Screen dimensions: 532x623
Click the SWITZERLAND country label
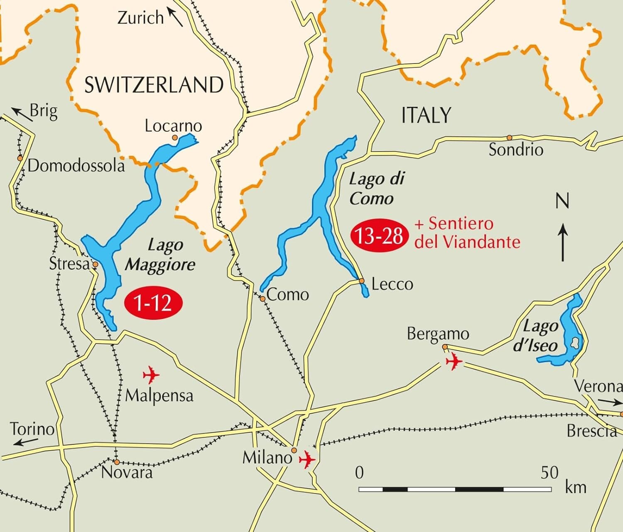[x=154, y=85]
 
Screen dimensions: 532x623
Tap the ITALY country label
[x=426, y=115]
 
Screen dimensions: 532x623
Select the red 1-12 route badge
[x=154, y=304]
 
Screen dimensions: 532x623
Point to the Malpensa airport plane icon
[x=151, y=375]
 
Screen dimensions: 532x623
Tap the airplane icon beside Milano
[x=307, y=459]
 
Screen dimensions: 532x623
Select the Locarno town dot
[x=175, y=137]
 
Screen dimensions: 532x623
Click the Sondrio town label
[x=515, y=150]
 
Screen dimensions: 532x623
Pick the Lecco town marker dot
[x=362, y=281]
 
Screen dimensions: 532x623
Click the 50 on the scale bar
[x=549, y=472]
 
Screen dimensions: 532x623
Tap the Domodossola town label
[x=76, y=166]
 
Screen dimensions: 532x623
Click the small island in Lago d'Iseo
[x=575, y=343]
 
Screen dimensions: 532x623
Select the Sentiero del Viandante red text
[x=467, y=233]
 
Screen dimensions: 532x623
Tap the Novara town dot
[x=117, y=462]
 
